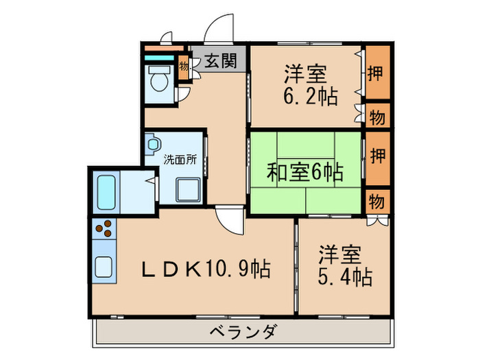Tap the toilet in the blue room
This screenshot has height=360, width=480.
point(159,81)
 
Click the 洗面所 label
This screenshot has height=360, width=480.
point(180,159)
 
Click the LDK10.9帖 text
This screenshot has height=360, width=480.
point(206,267)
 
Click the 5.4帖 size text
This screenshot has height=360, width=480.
point(344,276)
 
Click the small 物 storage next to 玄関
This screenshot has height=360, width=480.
point(183,67)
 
